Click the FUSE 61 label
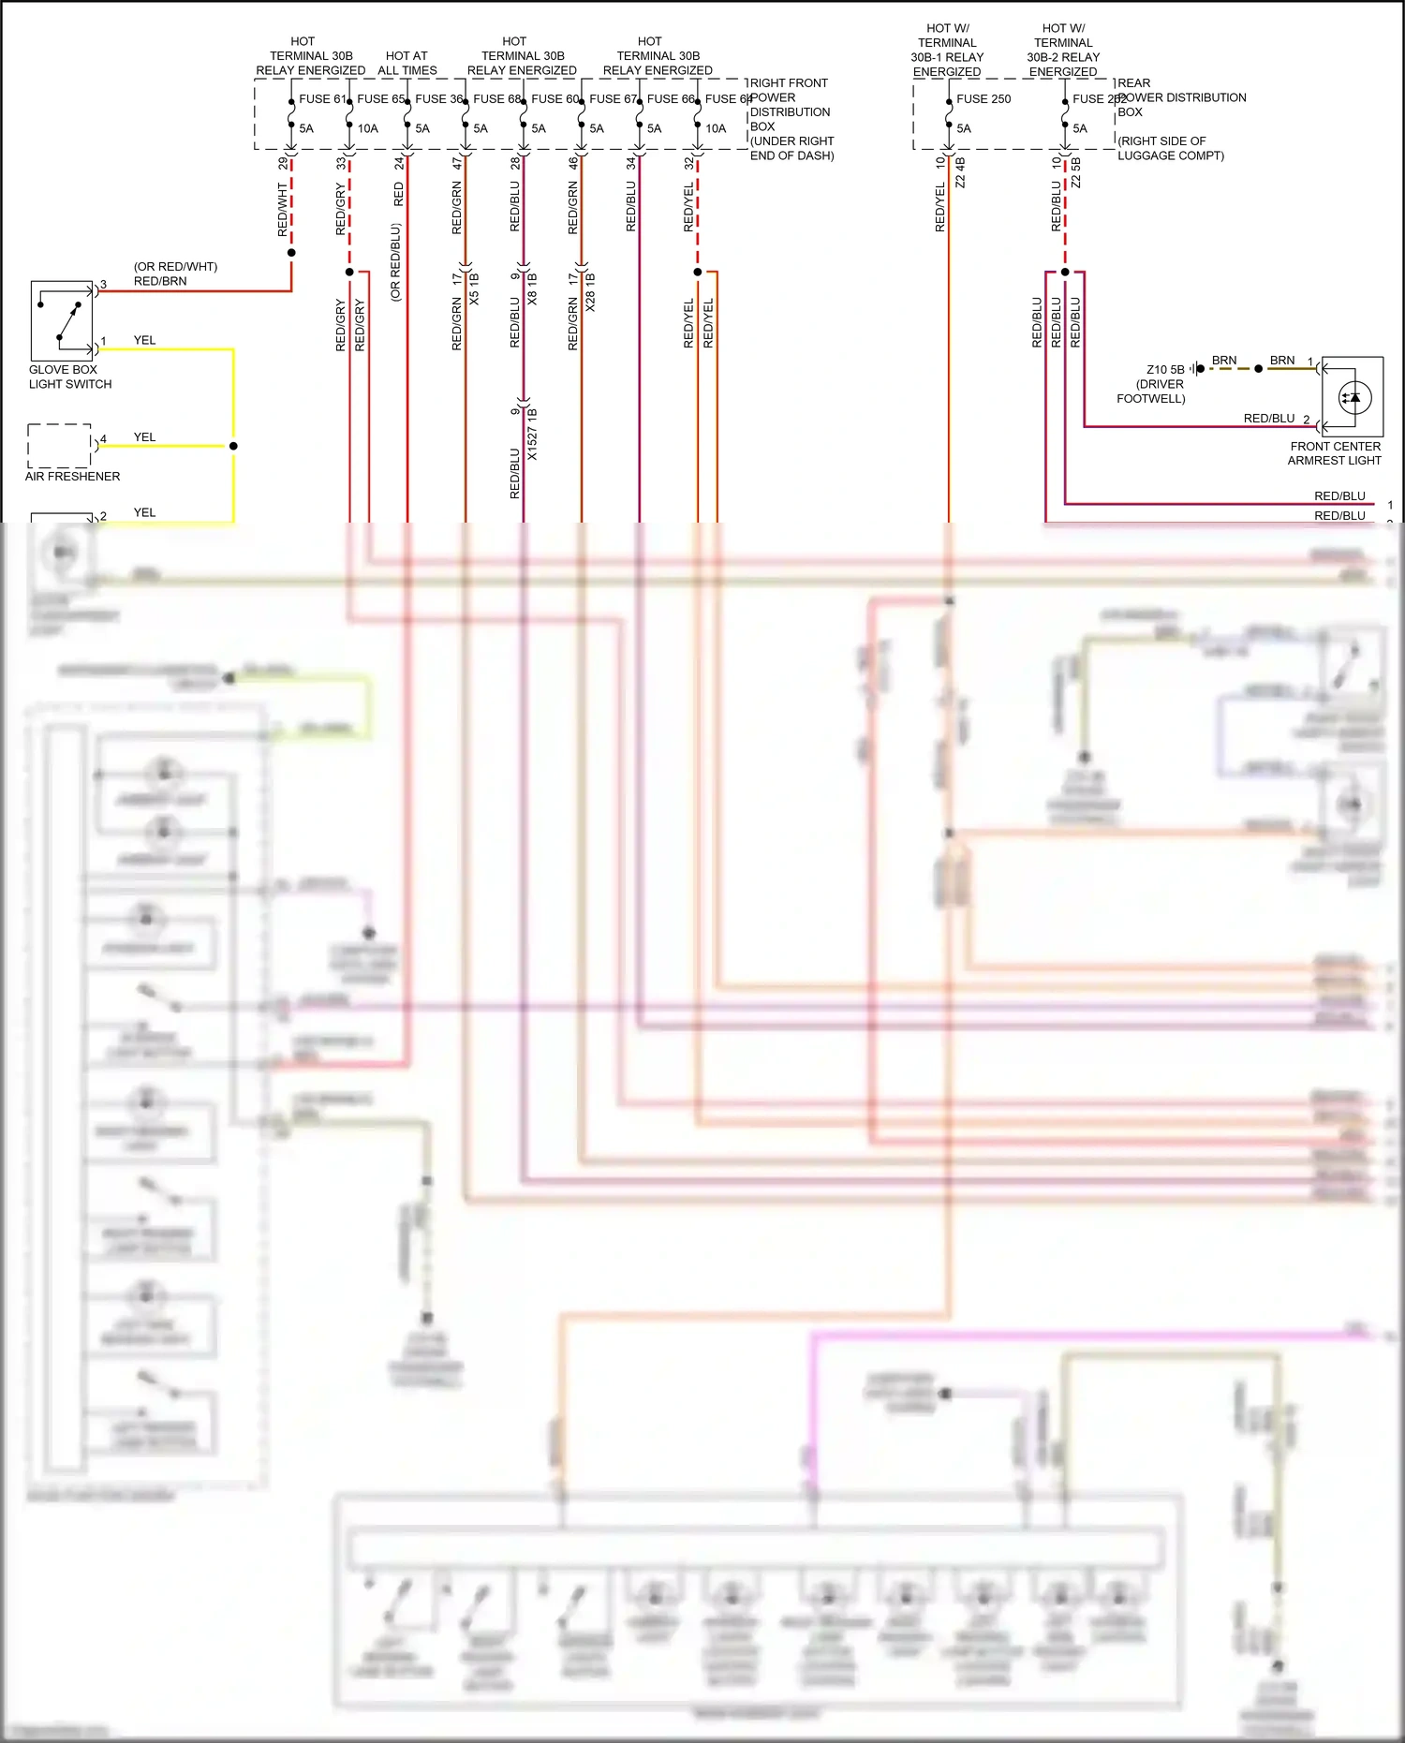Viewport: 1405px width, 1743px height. pyautogui.click(x=322, y=98)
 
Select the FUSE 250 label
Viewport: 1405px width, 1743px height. pyautogui.click(x=983, y=98)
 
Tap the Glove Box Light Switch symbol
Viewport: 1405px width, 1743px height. pyautogui.click(x=62, y=320)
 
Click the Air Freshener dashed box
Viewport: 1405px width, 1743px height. pyautogui.click(x=59, y=446)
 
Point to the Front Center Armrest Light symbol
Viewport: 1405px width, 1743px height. pyautogui.click(x=1353, y=397)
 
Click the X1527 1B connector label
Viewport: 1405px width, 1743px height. pyautogui.click(x=532, y=434)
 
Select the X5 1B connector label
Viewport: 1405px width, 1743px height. pyautogui.click(x=474, y=289)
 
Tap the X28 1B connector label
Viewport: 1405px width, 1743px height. pyautogui.click(x=590, y=291)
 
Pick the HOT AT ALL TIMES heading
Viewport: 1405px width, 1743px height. pyautogui.click(x=407, y=63)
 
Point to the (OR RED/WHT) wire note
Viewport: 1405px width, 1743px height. pyautogui.click(x=175, y=267)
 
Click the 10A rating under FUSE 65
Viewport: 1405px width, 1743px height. pyautogui.click(x=367, y=128)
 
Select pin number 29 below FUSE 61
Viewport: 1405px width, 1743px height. pyautogui.click(x=283, y=163)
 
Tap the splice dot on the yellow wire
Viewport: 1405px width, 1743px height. pyautogui.click(x=233, y=446)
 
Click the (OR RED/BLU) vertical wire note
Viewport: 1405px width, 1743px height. pyautogui.click(x=395, y=261)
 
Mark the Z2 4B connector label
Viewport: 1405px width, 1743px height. pyautogui.click(x=960, y=172)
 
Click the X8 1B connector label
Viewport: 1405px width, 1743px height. pyautogui.click(x=532, y=289)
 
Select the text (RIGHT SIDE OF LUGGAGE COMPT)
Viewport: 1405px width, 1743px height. pyautogui.click(x=1170, y=148)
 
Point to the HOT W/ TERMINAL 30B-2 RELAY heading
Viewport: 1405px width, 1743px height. pyautogui.click(x=1063, y=50)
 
